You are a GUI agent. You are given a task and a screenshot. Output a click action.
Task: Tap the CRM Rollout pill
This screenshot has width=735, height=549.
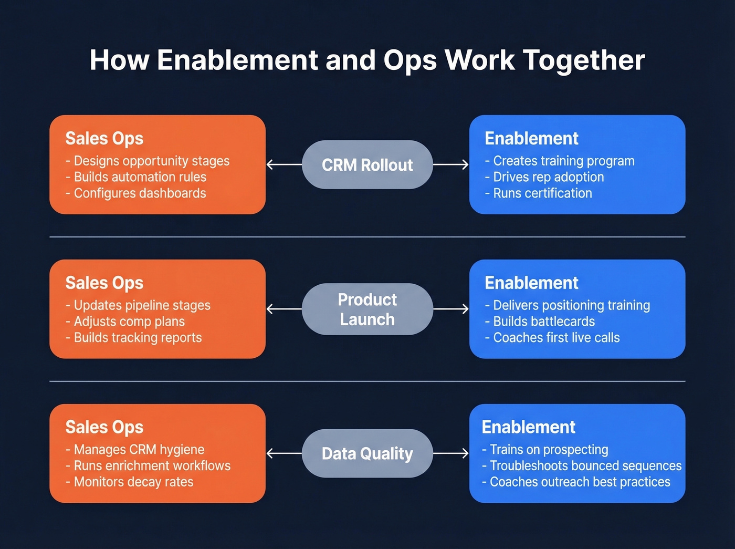367,165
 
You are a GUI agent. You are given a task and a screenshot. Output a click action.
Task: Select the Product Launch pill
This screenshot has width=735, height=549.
367,309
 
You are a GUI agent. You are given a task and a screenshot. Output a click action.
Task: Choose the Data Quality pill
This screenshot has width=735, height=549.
367,453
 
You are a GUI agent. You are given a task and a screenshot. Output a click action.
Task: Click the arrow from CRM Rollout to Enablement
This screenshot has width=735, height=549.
450,165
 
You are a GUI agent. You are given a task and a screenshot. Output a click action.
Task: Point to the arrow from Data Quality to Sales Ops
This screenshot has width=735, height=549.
284,453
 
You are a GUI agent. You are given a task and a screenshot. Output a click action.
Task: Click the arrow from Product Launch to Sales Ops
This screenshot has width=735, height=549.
284,309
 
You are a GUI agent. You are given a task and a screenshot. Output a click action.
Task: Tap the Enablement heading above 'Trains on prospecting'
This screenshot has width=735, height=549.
528,427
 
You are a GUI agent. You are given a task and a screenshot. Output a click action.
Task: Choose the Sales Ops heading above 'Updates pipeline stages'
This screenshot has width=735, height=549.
104,283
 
